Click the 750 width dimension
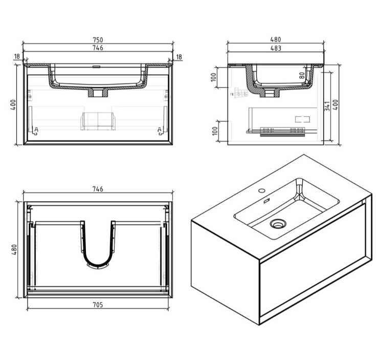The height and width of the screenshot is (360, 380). click(98, 40)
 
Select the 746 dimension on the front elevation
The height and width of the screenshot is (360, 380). click(98, 48)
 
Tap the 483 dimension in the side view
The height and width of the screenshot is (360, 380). click(276, 48)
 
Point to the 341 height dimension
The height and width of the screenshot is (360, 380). click(327, 106)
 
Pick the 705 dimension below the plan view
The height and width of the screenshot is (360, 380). click(98, 305)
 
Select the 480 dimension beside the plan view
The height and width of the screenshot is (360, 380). click(14, 249)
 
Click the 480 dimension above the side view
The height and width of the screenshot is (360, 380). click(276, 40)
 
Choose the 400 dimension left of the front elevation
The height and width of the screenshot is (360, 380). click(13, 104)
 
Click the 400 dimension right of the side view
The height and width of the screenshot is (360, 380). click(336, 104)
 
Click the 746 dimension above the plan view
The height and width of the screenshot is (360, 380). click(98, 189)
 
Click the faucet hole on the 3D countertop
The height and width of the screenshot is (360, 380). click(262, 192)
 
